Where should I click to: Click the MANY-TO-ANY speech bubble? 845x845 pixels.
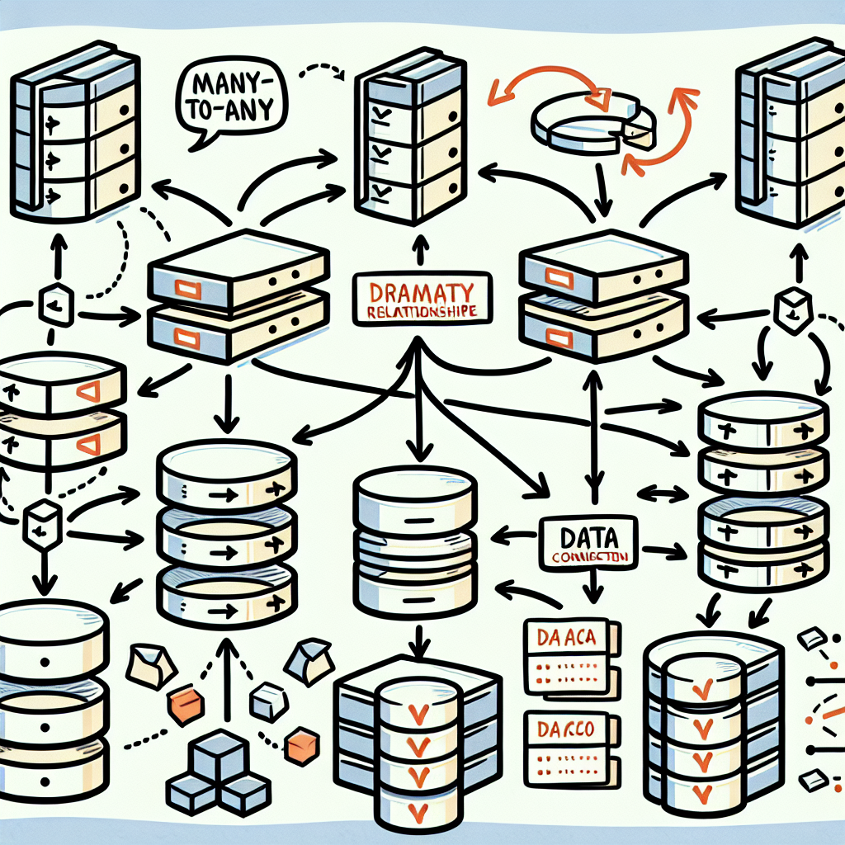click(233, 101)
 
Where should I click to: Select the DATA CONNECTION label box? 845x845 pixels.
click(588, 541)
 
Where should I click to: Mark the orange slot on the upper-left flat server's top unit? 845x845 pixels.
click(186, 286)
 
